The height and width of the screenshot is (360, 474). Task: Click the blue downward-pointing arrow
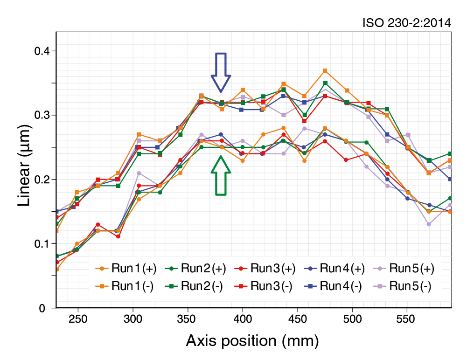[221, 71]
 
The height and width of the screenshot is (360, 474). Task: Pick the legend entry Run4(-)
[335, 286]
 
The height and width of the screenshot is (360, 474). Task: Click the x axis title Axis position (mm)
[252, 341]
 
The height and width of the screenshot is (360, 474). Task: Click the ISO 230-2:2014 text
[407, 23]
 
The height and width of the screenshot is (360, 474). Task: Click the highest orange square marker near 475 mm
[325, 71]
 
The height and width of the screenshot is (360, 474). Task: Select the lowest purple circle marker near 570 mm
[429, 224]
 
